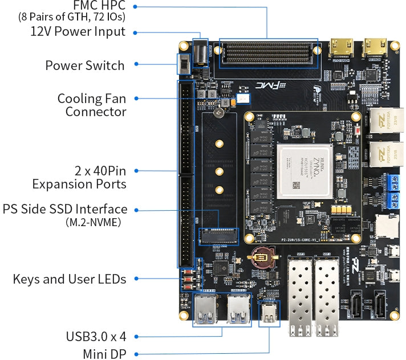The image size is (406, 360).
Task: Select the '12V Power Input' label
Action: tap(78, 31)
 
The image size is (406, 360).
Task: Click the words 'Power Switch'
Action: tap(84, 66)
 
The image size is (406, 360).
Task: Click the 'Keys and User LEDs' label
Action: tap(69, 279)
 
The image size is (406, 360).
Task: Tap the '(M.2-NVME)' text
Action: tap(94, 222)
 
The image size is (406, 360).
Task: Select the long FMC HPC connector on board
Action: tap(266, 52)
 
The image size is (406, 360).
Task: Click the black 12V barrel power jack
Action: tap(201, 55)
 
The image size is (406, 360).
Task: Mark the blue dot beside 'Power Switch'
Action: tap(136, 66)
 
